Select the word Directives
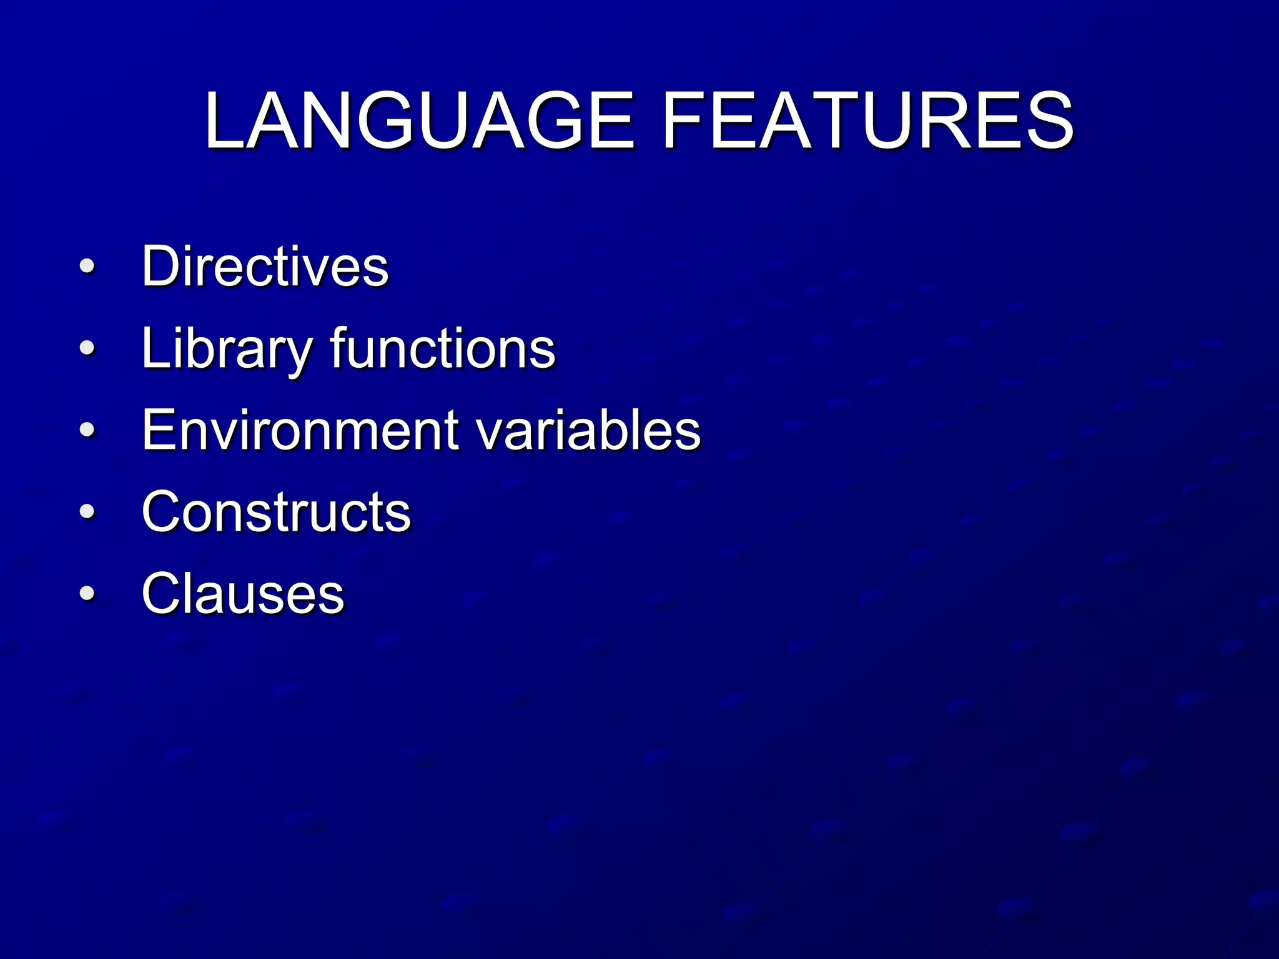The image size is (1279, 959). pyautogui.click(x=265, y=267)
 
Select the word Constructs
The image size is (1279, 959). pyautogui.click(x=276, y=512)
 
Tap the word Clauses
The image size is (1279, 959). pyautogui.click(x=243, y=594)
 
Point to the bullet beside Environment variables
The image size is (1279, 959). pyautogui.click(x=87, y=430)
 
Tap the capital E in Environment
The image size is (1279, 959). pyautogui.click(x=159, y=430)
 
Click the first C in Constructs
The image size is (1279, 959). pyautogui.click(x=164, y=512)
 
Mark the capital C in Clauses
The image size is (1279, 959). pyautogui.click(x=164, y=594)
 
